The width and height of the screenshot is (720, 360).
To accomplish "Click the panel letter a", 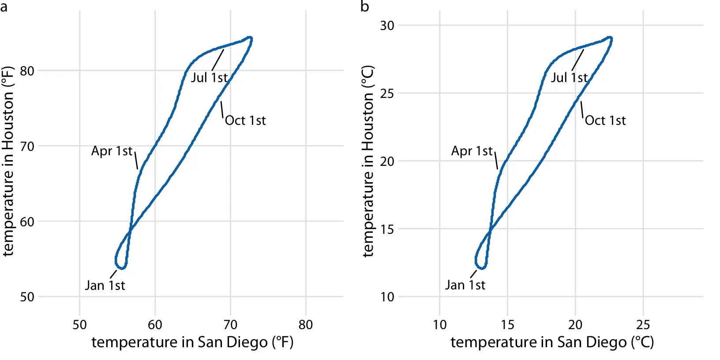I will pos(4,7).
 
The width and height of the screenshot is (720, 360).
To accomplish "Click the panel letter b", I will pos(364,7).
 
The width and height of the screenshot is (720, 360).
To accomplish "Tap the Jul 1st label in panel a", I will pos(209,78).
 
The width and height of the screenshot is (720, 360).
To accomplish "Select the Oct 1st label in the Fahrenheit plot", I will pos(245,120).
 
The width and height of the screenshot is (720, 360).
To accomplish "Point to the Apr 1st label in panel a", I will pos(112,151).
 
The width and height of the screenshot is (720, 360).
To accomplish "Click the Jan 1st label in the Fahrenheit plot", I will pos(105,285).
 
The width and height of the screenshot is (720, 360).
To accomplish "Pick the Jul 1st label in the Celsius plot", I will pos(569,78).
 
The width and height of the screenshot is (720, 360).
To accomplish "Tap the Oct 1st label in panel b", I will pos(605,120).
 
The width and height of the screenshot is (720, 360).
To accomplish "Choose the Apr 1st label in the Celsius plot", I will pos(472,151).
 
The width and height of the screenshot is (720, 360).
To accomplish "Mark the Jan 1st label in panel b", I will pos(465,285).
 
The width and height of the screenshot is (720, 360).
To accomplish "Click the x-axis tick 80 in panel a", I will pos(305,325).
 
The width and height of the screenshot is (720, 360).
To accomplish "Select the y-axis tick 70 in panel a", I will pos(27,146).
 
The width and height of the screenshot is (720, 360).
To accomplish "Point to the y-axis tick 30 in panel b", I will pos(387,26).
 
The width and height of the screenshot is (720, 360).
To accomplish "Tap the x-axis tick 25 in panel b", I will pos(643,325).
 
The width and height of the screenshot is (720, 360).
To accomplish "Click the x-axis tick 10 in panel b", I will pos(439,325).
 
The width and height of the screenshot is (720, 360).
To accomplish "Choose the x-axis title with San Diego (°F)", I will pos(192,342).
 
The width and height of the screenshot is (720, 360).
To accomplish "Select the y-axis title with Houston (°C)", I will pos(368,161).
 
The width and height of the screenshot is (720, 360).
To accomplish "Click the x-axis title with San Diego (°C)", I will pos(552,342).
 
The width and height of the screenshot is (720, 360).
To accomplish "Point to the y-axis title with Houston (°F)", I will pos(8,161).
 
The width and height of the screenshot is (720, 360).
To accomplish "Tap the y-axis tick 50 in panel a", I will pos(27,297).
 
